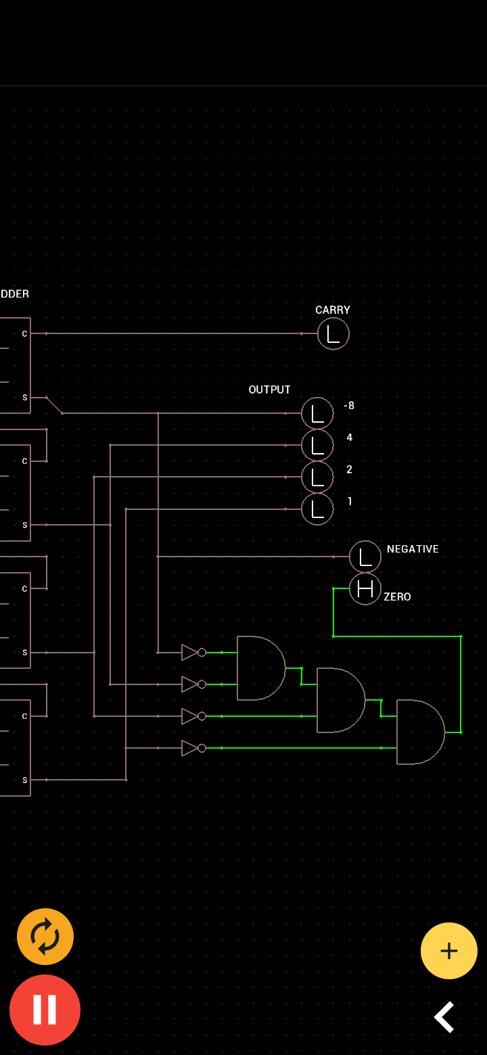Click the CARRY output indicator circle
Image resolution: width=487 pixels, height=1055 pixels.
click(333, 333)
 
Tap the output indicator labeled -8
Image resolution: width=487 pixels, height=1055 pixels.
click(317, 413)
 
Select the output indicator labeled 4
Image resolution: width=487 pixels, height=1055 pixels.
click(317, 445)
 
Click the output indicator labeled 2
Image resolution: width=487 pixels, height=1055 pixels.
click(317, 477)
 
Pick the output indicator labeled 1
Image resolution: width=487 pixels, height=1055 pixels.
click(317, 509)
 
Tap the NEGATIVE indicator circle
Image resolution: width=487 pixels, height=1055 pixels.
click(365, 557)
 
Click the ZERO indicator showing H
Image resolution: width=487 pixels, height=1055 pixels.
click(365, 589)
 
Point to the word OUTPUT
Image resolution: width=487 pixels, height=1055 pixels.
click(269, 390)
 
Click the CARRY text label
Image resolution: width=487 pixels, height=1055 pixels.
click(333, 310)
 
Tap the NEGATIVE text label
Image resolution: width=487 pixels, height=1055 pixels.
click(413, 549)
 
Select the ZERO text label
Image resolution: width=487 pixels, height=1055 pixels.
click(397, 597)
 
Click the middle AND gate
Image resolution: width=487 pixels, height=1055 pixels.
click(340, 700)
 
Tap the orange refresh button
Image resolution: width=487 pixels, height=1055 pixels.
click(45, 937)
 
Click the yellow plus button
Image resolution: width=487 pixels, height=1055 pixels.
click(449, 951)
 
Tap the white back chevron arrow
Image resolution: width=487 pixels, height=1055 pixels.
click(444, 1017)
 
